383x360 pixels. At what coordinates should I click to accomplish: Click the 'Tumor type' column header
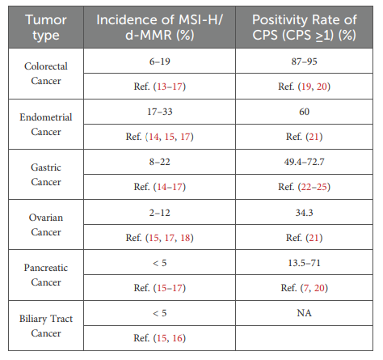click(46, 28)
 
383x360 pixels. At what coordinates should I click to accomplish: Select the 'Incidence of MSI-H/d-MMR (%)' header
click(160, 28)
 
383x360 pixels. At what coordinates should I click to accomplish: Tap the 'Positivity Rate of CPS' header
click(305, 28)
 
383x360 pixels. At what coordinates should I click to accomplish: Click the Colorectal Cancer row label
click(46, 74)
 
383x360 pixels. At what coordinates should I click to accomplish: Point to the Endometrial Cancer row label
click(46, 125)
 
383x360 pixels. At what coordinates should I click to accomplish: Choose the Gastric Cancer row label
click(46, 175)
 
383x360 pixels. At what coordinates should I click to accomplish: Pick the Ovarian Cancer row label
click(46, 225)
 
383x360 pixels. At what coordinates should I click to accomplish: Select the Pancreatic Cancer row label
click(46, 275)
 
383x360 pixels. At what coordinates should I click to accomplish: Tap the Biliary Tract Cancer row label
click(46, 326)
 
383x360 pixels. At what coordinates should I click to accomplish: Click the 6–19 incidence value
click(160, 61)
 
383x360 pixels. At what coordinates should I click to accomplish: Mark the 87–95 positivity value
click(304, 61)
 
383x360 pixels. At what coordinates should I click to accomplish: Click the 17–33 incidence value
click(160, 112)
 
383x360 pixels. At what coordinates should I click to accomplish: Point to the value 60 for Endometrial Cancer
click(304, 112)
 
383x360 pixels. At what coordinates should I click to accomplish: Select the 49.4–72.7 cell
click(304, 162)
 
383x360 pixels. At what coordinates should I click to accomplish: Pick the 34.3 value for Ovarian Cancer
click(304, 213)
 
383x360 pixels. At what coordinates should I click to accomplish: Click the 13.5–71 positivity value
click(304, 263)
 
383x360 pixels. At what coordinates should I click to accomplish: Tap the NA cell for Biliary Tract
click(304, 313)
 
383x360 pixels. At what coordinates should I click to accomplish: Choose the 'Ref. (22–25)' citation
click(304, 187)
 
